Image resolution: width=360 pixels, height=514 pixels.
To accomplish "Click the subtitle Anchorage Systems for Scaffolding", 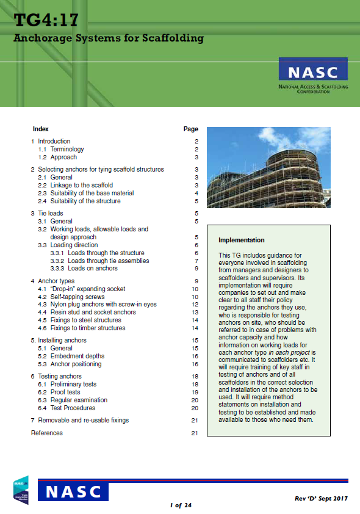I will tap(108, 38).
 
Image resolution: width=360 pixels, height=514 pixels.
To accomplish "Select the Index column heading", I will tap(40, 129).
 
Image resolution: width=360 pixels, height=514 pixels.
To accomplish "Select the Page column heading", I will tap(190, 129).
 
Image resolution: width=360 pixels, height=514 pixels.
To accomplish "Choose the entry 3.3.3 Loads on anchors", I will tap(93, 268).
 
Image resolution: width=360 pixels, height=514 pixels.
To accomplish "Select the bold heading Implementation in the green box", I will tap(242, 241).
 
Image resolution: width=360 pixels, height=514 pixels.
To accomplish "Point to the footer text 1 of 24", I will tap(180, 505).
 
